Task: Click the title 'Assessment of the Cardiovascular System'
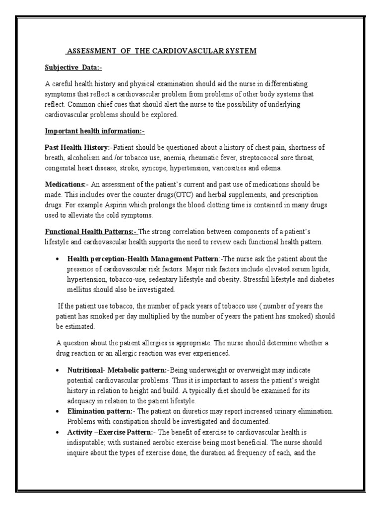tap(161, 52)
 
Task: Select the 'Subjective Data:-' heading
tap(73, 67)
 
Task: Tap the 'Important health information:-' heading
tap(95, 131)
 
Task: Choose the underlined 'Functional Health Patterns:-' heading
tap(91, 231)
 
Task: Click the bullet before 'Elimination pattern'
tap(58, 411)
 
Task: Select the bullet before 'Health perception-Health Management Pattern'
tap(58, 259)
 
